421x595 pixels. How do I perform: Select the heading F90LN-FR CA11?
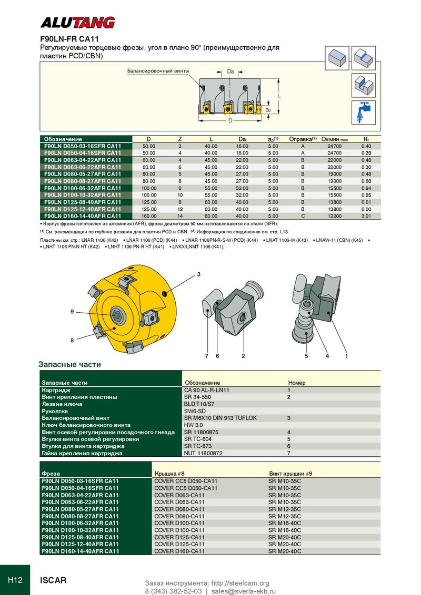[x=70, y=39]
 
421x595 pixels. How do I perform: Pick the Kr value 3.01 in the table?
[x=366, y=216]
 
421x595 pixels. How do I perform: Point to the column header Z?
[x=179, y=139]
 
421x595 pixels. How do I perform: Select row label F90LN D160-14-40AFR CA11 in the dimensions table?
[x=83, y=216]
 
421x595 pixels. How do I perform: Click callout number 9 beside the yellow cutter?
[x=72, y=312]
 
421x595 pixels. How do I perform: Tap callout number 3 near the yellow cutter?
[x=199, y=274]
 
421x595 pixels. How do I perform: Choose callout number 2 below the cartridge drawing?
[x=243, y=356]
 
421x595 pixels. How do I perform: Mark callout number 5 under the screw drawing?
[x=306, y=356]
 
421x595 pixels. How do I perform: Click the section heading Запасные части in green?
[x=69, y=364]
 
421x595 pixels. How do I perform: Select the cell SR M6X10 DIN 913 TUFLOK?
[x=220, y=418]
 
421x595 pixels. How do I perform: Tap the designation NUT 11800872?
[x=203, y=453]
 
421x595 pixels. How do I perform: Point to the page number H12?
[x=15, y=580]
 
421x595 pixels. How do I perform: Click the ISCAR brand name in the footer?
[x=54, y=580]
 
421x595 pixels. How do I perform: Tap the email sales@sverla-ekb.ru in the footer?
[x=243, y=591]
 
